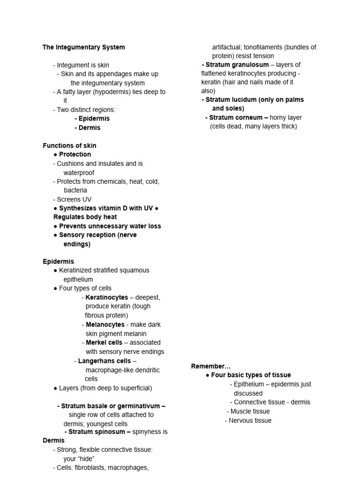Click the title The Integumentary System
click(84, 47)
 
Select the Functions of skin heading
click(69, 146)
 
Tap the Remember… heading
click(211, 366)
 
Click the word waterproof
click(79, 172)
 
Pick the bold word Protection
click(75, 155)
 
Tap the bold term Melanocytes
click(105, 324)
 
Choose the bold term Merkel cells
click(104, 343)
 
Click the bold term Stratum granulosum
click(237, 65)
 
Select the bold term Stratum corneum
click(236, 118)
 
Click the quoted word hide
click(86, 458)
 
